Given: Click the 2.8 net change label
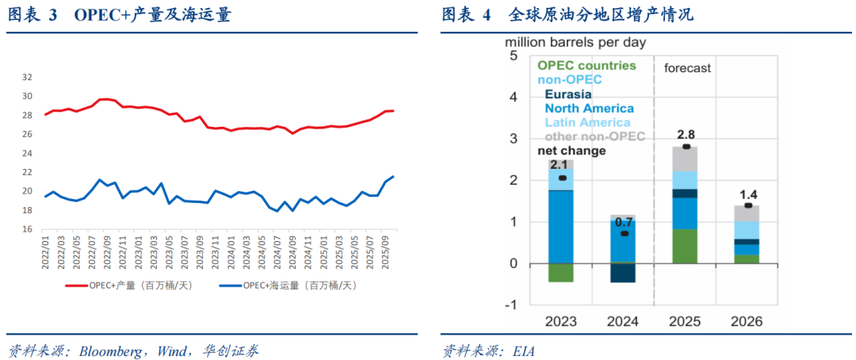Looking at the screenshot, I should [686, 134].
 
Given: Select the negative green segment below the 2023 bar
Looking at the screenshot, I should [560, 272].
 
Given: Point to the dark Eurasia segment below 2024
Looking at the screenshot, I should [623, 272].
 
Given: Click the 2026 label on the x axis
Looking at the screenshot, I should [747, 321].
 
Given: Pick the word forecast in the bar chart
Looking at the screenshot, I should [687, 68].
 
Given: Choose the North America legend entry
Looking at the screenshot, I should [587, 108].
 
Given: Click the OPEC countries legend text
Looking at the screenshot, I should [587, 65].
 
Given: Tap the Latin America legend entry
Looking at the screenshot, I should [588, 122].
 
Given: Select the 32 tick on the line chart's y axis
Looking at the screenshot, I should [27, 77].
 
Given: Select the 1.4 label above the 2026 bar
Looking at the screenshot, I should [747, 193].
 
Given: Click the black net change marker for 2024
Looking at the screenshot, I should [625, 234].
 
